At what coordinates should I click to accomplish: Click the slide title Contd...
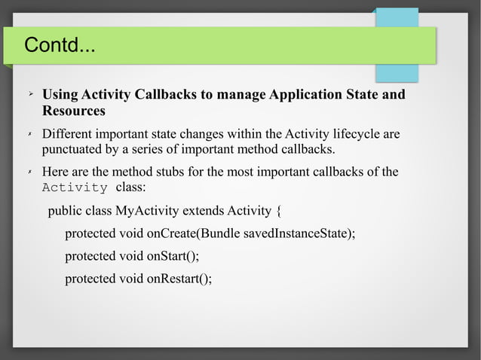point(60,46)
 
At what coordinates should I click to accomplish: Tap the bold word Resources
point(73,111)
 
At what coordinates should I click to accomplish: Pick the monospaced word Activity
point(75,188)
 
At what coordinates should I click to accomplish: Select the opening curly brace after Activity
point(280,210)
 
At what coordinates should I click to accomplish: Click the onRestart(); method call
point(179,279)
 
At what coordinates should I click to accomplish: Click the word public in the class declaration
point(65,210)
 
